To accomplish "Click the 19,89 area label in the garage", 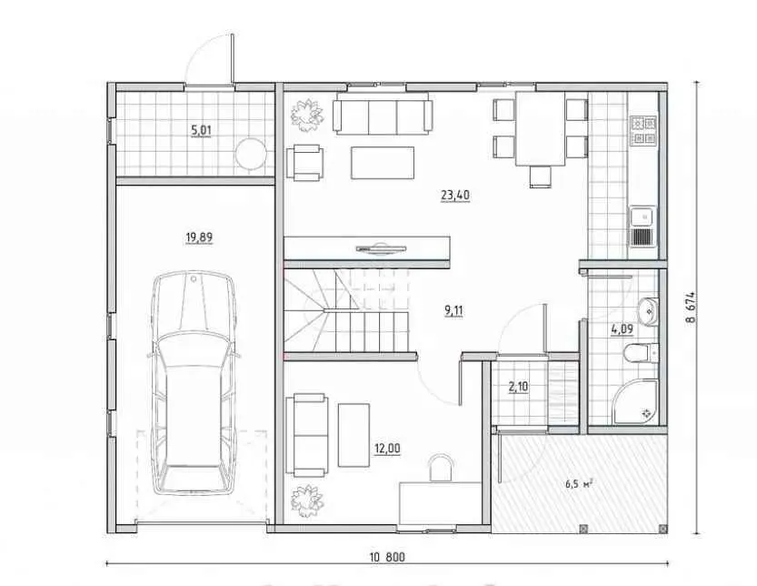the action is click(199, 237).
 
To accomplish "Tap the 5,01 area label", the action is click(202, 130).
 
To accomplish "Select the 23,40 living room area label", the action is click(455, 196).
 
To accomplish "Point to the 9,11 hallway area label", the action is click(453, 310).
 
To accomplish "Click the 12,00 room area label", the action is click(387, 449).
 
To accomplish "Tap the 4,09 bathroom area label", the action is click(622, 330).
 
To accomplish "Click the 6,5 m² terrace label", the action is click(580, 483).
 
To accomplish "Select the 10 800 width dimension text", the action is click(388, 558).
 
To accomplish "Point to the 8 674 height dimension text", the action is click(691, 307).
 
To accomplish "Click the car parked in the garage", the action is click(194, 382).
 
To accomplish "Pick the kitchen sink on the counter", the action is click(642, 226).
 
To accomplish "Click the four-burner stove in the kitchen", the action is click(644, 130).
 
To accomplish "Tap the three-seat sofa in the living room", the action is click(383, 114).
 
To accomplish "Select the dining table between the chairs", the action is click(541, 128).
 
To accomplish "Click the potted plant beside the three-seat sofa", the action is click(306, 116).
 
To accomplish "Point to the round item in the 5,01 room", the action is click(251, 154).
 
